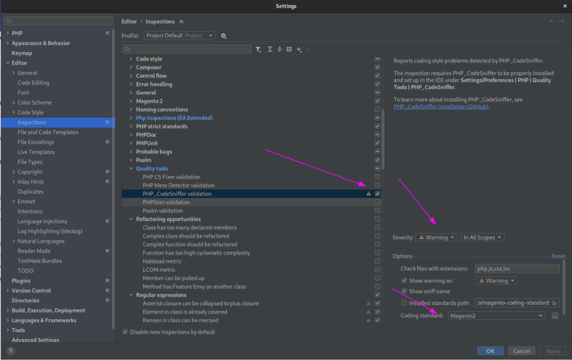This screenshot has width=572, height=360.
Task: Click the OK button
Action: click(x=490, y=351)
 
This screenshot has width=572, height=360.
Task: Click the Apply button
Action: click(x=552, y=351)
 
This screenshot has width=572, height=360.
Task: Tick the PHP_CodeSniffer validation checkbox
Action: click(x=378, y=194)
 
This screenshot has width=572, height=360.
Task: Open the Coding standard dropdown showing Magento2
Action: click(x=497, y=316)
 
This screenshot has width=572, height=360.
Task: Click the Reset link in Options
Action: click(x=558, y=256)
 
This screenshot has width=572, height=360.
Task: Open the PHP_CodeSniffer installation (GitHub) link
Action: click(x=441, y=107)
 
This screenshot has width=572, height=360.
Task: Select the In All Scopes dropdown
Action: click(x=482, y=237)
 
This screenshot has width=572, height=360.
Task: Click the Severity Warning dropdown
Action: click(x=436, y=237)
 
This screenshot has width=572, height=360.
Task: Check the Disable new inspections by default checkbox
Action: click(x=125, y=332)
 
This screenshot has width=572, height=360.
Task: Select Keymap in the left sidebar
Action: click(x=22, y=53)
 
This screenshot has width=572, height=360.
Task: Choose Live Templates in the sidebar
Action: click(x=36, y=152)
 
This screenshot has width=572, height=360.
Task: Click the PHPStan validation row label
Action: click(x=166, y=202)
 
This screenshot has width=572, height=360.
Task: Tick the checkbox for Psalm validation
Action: click(x=378, y=210)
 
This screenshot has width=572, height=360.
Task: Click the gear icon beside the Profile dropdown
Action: click(x=223, y=36)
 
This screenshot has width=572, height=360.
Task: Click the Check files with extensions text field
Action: click(x=517, y=268)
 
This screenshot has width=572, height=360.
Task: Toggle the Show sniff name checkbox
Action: click(x=404, y=291)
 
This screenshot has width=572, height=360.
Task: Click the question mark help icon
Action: click(x=11, y=351)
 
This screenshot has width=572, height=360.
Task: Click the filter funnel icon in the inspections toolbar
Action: click(x=258, y=49)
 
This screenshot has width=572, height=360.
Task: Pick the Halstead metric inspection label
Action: click(x=162, y=261)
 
